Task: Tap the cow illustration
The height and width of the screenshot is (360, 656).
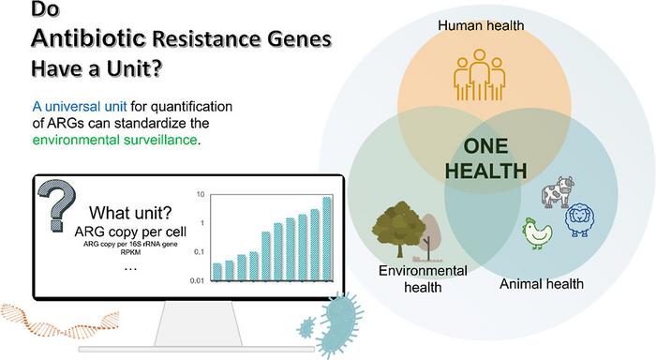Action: (558, 192)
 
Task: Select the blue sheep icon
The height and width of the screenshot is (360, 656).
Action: (580, 218)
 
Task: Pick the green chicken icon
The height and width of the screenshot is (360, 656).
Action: (537, 233)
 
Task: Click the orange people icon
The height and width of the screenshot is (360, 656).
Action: (480, 75)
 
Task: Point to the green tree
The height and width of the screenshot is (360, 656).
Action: (398, 227)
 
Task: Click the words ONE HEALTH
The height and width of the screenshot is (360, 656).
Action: (485, 158)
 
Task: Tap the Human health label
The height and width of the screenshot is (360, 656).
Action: (481, 25)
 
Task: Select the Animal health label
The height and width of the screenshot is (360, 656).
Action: (542, 284)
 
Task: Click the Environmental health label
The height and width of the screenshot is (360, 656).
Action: (423, 278)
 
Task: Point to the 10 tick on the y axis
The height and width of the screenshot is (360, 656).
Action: (201, 195)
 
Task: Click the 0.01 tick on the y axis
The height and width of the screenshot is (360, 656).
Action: (197, 281)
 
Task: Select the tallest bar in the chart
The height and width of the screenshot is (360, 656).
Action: (327, 239)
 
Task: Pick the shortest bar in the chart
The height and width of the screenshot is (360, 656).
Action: (216, 272)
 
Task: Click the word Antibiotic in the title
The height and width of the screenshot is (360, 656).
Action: (88, 38)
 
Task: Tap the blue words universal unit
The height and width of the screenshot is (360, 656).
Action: (85, 106)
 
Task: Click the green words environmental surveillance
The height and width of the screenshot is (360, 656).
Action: (114, 140)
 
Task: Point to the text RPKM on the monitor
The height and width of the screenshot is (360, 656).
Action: (130, 253)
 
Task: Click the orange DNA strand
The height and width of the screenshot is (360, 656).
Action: (60, 321)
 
